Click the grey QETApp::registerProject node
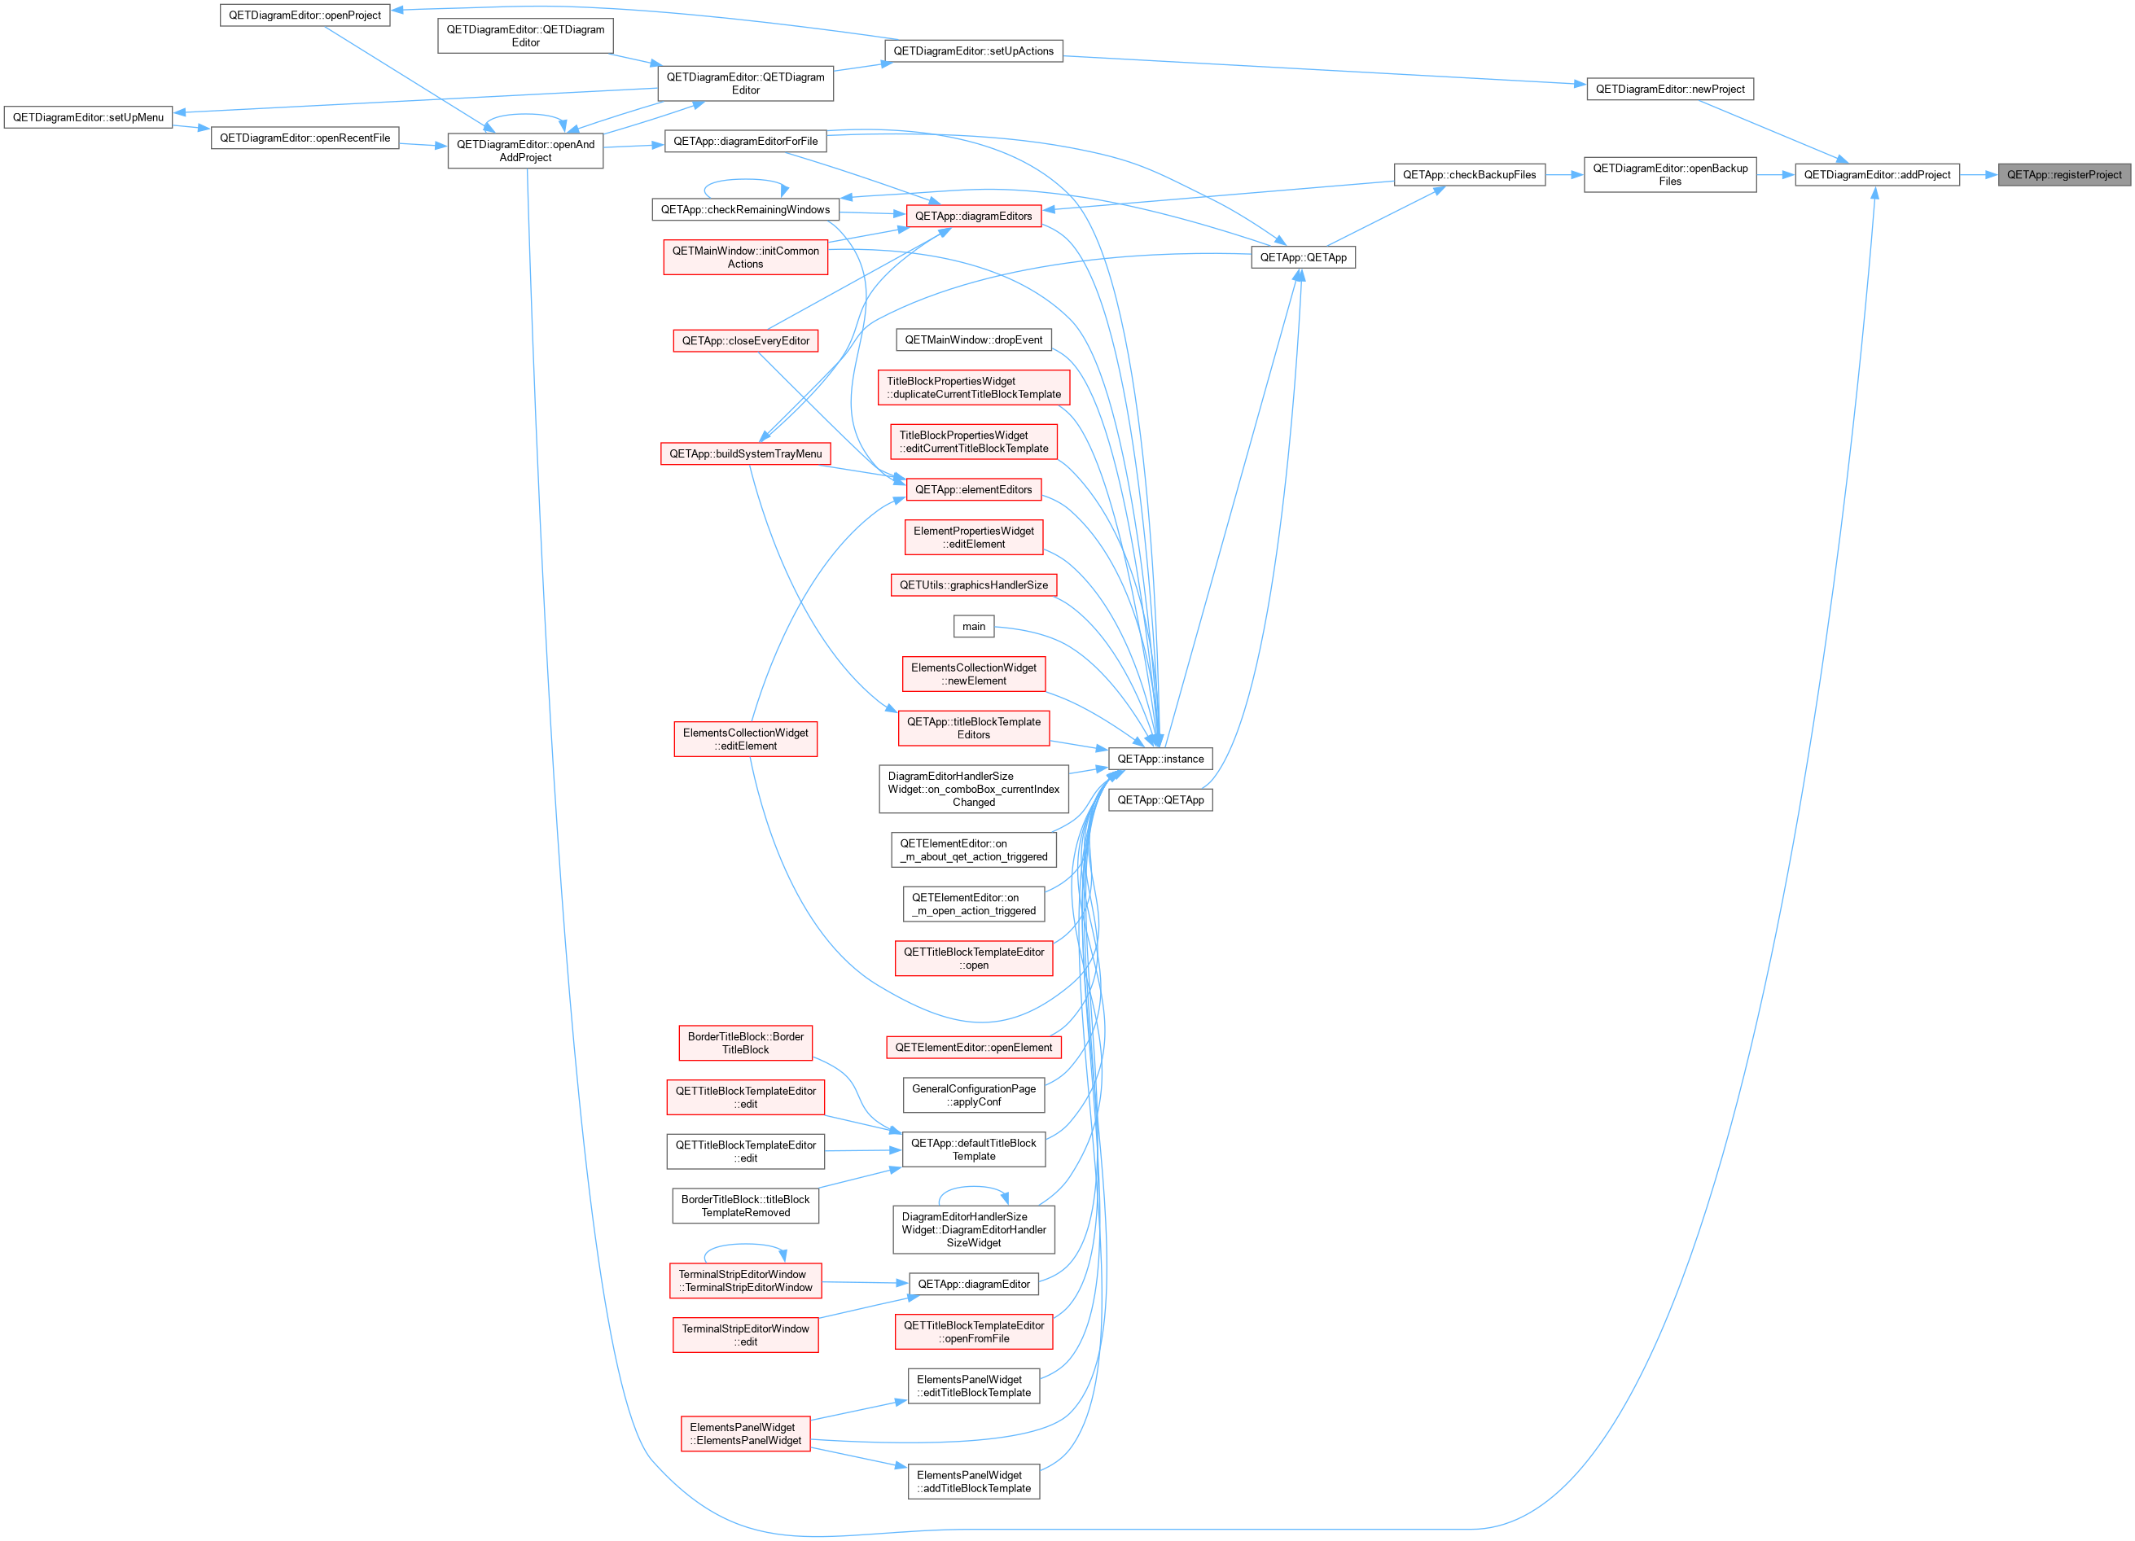coord(2063,174)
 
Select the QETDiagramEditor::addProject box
coord(1877,174)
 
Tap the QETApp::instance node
coord(1160,759)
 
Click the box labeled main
coord(973,626)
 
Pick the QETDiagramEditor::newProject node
coord(1670,89)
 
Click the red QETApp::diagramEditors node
coord(973,216)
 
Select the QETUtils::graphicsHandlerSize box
coord(973,584)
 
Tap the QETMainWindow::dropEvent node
coord(973,339)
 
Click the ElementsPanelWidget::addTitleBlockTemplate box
coord(973,1482)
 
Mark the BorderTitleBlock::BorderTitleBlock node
coord(746,1043)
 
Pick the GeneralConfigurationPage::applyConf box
coord(973,1095)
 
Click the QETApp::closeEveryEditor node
coord(746,341)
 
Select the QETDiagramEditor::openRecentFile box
coord(305,138)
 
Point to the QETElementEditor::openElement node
coord(973,1047)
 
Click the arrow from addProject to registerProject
coord(1979,174)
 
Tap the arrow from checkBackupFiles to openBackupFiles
coord(1564,174)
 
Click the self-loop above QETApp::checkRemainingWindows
coord(746,181)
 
